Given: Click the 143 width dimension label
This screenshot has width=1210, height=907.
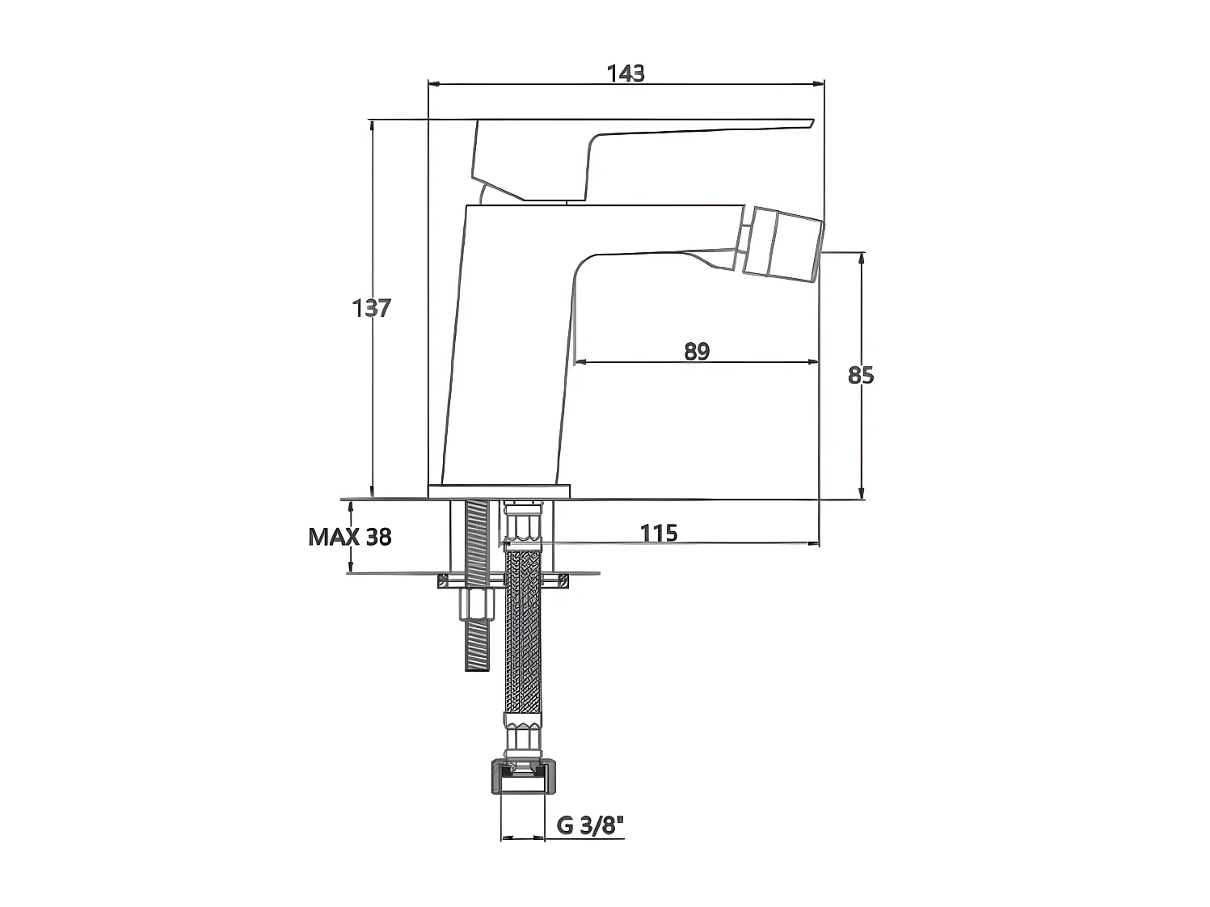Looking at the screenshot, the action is coord(625,74).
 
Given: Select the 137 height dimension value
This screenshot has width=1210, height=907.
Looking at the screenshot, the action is coord(371,308).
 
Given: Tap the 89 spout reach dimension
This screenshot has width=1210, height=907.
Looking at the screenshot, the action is coord(697,351).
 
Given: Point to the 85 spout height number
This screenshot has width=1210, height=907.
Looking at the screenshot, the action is coord(861,375).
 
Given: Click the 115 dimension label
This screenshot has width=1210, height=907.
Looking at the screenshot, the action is coord(659,534).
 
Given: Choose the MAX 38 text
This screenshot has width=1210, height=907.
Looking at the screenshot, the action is coord(349,537).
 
